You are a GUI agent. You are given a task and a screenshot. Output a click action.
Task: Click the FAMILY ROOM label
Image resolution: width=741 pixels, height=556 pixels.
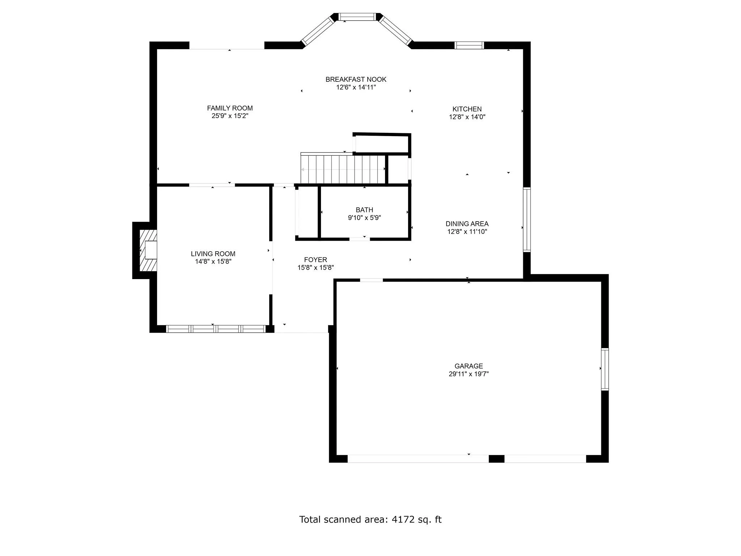coord(230,108)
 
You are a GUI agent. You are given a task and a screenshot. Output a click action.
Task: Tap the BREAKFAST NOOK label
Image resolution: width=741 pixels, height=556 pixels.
coord(356,79)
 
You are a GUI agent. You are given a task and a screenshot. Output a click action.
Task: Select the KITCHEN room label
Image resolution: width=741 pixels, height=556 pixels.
coord(467,109)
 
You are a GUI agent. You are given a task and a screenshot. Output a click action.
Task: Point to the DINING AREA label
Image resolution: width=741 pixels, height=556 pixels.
coord(467,224)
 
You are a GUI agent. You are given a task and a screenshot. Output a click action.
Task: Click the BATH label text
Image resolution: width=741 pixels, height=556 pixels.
coord(364,210)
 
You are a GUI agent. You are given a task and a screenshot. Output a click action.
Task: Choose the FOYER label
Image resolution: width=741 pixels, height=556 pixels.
coord(316,260)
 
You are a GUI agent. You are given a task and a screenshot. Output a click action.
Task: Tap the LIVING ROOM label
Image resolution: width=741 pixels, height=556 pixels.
coord(213,254)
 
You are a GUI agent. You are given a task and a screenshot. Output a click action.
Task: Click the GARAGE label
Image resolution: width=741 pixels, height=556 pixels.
coord(469,366)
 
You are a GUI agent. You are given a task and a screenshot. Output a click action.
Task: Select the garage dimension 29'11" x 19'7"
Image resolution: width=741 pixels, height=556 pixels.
coord(469,374)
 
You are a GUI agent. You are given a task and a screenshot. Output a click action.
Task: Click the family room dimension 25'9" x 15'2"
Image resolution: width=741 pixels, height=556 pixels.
coord(230,116)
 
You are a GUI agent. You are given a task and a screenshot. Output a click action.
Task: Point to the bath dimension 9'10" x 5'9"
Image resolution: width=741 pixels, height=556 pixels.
coord(364,218)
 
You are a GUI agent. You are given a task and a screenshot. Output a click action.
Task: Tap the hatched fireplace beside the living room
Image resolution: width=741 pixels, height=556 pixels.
coord(148,250)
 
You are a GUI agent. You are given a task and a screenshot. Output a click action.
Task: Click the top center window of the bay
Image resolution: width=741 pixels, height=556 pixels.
coord(357,17)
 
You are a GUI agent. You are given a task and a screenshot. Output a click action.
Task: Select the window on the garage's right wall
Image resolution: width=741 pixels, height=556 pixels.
coord(605,369)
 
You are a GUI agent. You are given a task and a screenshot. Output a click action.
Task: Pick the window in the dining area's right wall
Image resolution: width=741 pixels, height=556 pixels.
coord(527,220)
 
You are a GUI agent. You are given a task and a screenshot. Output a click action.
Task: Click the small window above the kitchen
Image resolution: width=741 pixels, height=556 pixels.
coord(469,45)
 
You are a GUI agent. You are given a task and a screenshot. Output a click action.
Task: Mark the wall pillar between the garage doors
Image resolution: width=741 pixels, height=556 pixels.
coord(496,459)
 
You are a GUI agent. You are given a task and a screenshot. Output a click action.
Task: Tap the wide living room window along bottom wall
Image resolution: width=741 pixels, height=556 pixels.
coord(216,329)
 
